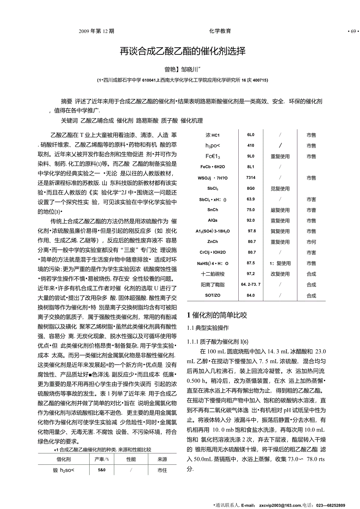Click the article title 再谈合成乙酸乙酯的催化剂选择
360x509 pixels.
(182, 51)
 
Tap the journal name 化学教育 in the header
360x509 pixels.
(220, 31)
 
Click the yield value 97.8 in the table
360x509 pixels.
(251, 231)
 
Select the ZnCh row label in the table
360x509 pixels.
(213, 242)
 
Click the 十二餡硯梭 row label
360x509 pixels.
(213, 274)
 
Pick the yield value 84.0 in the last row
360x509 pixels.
(251, 295)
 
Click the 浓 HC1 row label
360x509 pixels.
(213, 135)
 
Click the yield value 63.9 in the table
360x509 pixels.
(251, 199)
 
